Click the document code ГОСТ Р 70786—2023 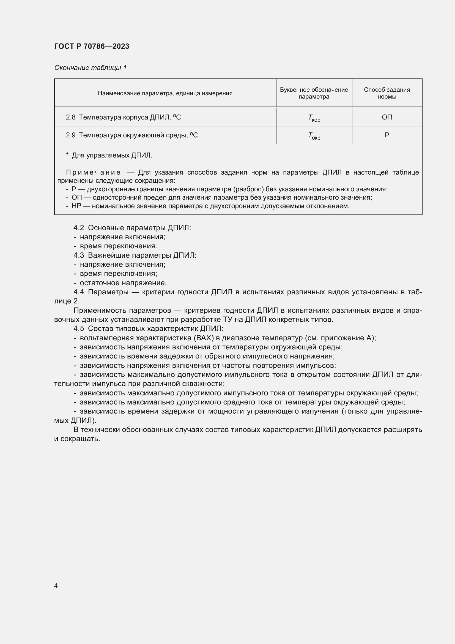[92, 46]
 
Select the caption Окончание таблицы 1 [90, 68]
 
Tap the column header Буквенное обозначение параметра [314, 93]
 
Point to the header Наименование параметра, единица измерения [165, 93]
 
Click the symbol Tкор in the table [314, 118]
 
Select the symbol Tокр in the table [314, 136]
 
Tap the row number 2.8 [71, 118]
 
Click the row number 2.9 [71, 135]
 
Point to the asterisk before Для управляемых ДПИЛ [67, 155]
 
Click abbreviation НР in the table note [76, 206]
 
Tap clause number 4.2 [78, 228]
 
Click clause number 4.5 [78, 328]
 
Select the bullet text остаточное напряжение [123, 283]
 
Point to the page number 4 [56, 586]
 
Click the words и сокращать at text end [77, 439]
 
